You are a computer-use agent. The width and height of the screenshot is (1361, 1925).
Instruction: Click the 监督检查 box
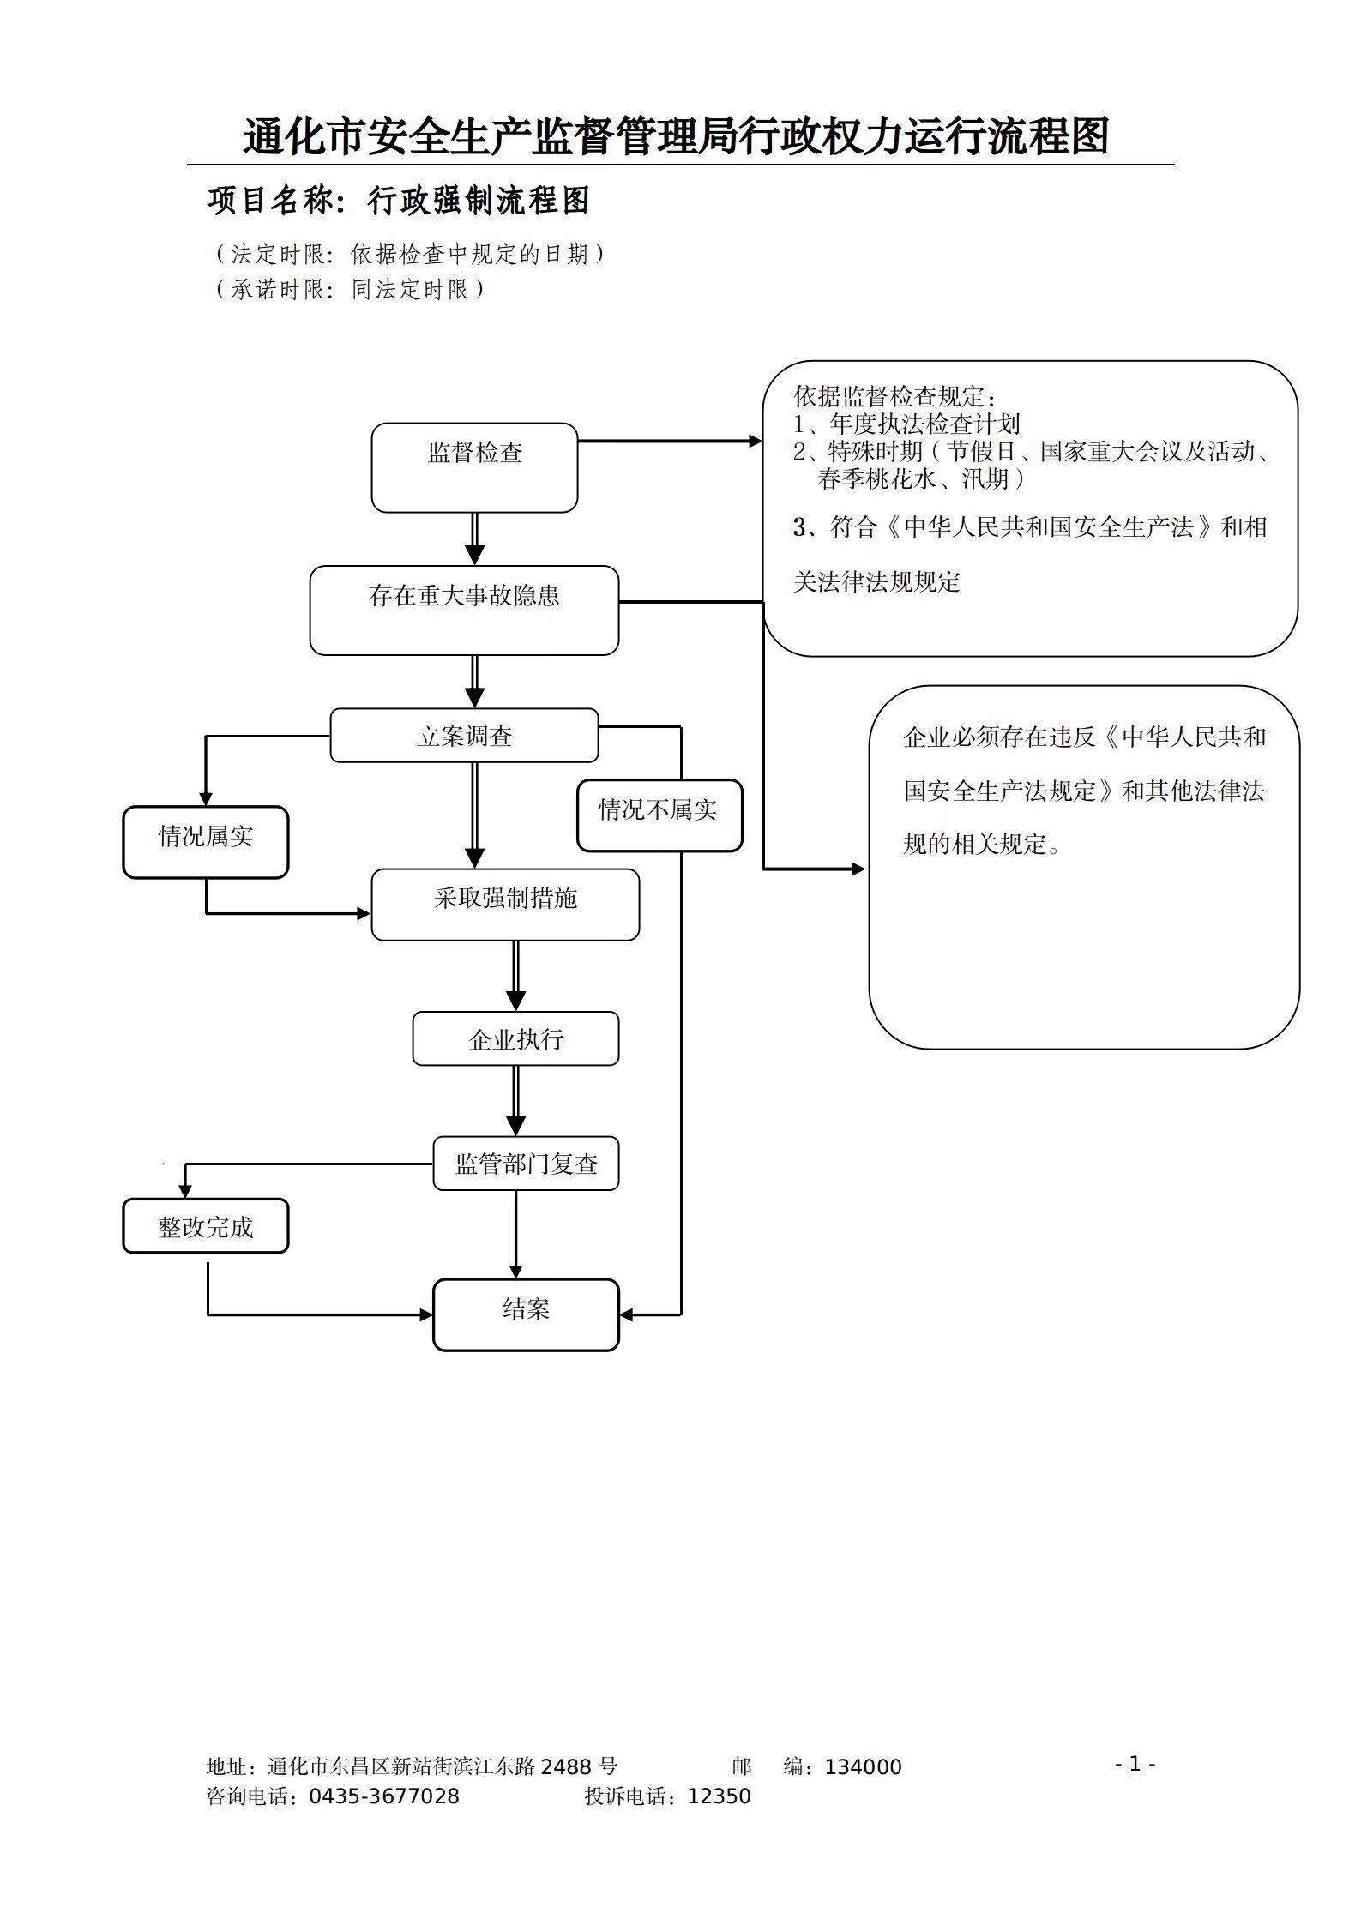(x=474, y=467)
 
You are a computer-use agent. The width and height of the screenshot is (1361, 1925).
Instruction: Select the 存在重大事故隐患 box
(x=464, y=610)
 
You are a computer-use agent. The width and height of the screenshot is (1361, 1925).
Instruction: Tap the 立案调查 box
(x=464, y=735)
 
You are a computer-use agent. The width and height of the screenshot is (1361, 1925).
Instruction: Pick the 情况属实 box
(x=206, y=841)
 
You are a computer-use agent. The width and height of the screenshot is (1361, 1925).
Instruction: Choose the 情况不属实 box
(x=659, y=815)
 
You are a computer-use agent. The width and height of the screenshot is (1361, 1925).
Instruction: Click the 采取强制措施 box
(x=505, y=904)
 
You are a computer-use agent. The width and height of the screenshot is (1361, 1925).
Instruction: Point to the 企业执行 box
(x=515, y=1038)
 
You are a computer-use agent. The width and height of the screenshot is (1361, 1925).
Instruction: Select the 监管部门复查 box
(x=526, y=1163)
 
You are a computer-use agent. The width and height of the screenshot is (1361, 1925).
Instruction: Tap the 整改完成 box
(x=206, y=1225)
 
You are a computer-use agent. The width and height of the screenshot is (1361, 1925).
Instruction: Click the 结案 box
(x=526, y=1314)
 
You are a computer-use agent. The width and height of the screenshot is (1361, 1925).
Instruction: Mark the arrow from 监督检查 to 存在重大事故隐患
(x=474, y=539)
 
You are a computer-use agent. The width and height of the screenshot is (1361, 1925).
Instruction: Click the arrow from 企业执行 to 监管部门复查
(x=515, y=1101)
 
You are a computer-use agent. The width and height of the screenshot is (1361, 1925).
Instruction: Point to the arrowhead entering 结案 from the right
(x=627, y=1314)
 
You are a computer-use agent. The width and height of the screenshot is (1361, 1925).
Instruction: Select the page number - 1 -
(x=1135, y=1763)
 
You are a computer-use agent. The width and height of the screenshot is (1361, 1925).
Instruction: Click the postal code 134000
(x=863, y=1766)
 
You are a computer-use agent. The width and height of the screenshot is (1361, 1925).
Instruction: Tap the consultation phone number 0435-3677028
(x=383, y=1796)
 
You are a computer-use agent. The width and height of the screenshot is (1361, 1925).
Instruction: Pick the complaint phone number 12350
(x=719, y=1796)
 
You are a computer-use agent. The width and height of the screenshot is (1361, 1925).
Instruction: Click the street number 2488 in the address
(x=566, y=1766)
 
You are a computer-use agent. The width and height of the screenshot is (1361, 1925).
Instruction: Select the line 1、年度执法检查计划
(x=906, y=424)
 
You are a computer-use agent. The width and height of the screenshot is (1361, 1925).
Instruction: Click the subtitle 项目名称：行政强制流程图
(x=398, y=201)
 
